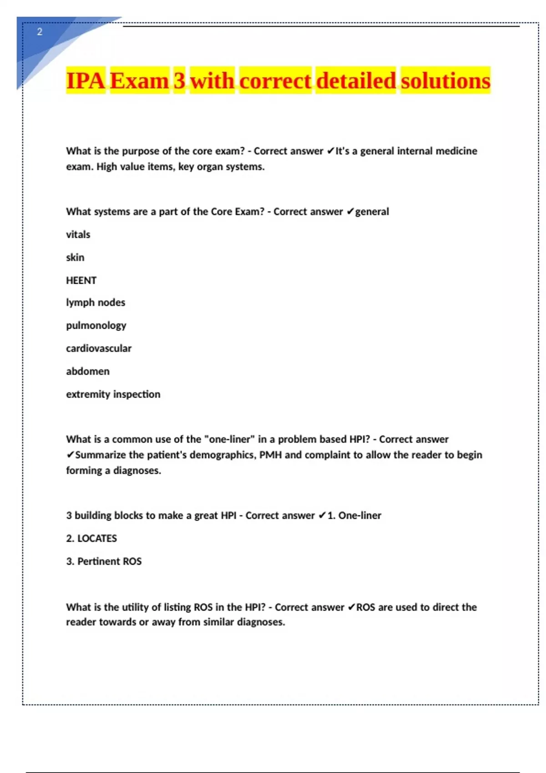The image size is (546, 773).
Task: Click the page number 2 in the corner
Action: [40, 32]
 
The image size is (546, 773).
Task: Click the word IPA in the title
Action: [86, 80]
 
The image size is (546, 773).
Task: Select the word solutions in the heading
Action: [445, 80]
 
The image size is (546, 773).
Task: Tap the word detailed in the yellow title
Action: [356, 80]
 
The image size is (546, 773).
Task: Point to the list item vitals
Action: [78, 235]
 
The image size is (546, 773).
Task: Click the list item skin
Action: [75, 257]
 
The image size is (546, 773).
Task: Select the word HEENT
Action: [81, 281]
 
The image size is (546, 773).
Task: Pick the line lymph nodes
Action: [96, 302]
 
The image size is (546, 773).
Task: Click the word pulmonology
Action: [96, 326]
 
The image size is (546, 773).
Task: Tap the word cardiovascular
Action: [99, 348]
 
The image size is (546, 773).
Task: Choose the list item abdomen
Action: [88, 371]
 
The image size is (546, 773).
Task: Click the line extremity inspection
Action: [113, 394]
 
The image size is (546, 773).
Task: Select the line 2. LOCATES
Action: [91, 538]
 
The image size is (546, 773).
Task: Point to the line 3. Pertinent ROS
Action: [104, 561]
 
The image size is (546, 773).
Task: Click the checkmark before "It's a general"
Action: [331, 151]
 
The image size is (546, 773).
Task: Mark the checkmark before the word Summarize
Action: [70, 455]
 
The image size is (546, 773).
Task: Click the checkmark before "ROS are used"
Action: [351, 607]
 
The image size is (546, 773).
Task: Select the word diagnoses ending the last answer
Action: [261, 622]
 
